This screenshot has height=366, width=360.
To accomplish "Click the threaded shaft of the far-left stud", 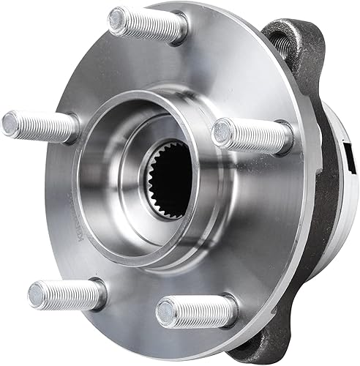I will click(44, 126).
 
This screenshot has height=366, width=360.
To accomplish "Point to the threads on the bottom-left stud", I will click(70, 293).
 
